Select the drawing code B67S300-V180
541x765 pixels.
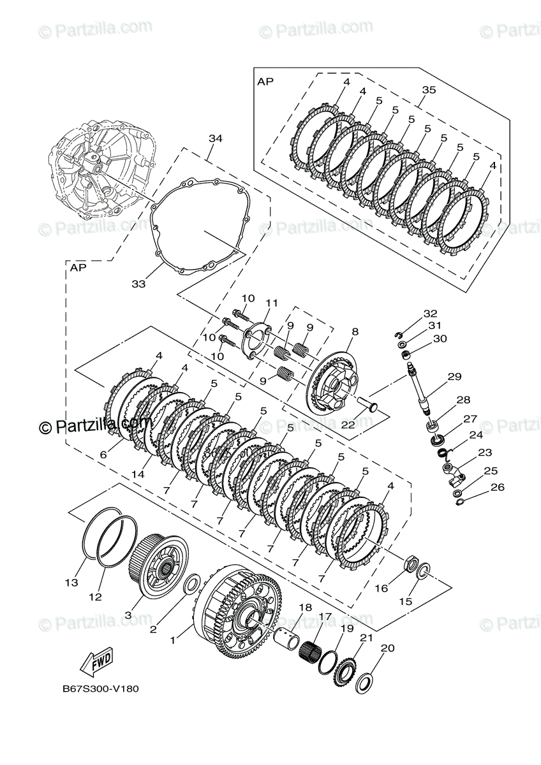coord(100,689)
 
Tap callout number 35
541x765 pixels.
coord(429,90)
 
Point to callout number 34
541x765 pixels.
coord(215,138)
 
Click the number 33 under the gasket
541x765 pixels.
coord(139,284)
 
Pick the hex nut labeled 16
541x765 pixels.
coord(411,564)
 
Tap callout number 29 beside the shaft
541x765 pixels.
coord(454,377)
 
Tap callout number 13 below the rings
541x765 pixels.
coord(71,583)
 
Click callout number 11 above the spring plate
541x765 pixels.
coord(272,303)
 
